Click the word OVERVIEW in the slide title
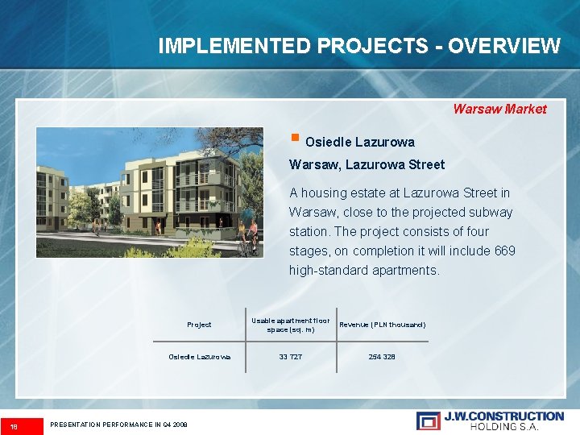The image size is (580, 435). tap(503, 46)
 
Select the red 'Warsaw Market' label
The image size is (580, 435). tap(499, 109)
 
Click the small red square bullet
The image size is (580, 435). tap(295, 136)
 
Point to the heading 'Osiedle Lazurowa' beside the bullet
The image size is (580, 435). tap(360, 142)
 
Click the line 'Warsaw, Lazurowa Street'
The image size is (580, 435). tap(367, 164)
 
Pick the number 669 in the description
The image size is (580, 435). tap(505, 251)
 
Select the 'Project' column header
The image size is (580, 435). tap(199, 325)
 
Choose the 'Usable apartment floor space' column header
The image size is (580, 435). tap(290, 325)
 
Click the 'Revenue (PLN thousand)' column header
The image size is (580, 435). tap(382, 325)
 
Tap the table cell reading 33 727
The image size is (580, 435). tap(290, 356)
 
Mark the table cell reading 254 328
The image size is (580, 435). tap(382, 356)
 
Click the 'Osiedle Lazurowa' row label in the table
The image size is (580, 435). tap(199, 356)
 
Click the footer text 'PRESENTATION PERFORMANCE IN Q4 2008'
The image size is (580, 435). tap(118, 425)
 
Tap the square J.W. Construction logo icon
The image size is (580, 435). tap(428, 420)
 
